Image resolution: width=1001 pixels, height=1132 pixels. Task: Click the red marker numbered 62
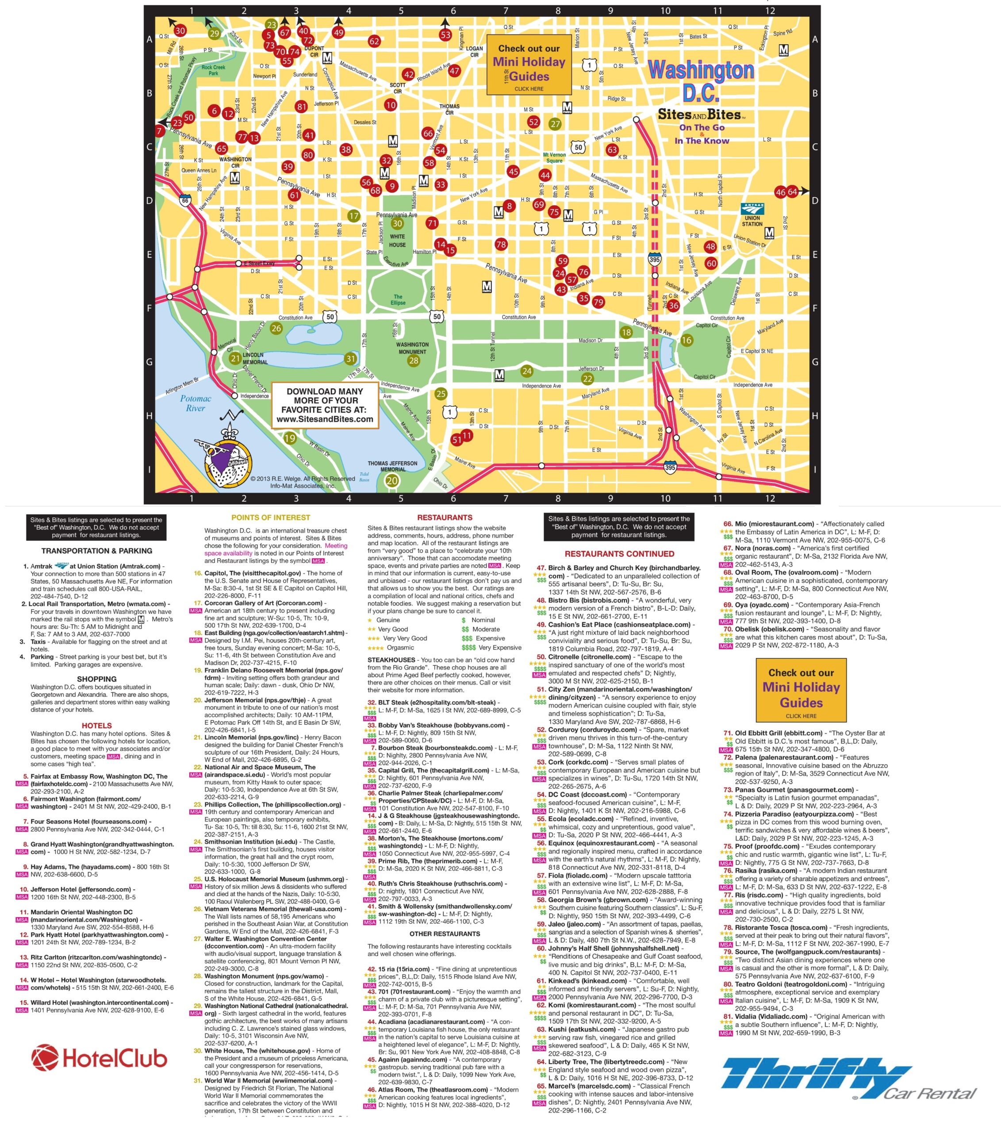375,41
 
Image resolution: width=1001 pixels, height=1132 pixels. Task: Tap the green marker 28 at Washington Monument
413,360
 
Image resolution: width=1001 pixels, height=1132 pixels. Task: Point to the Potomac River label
196,403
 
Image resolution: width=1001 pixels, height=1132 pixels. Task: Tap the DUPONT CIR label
314,51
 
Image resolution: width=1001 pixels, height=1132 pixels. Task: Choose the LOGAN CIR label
474,51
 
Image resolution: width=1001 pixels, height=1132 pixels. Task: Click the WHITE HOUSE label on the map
397,241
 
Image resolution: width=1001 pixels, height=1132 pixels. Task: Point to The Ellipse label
398,300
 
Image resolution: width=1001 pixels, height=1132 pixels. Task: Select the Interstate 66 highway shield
185,200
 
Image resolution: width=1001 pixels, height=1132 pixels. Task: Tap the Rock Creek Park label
213,70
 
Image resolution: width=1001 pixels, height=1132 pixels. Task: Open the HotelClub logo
99,1059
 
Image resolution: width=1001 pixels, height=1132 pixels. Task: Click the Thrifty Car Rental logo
848,1079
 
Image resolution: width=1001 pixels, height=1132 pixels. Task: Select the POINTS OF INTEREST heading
270,517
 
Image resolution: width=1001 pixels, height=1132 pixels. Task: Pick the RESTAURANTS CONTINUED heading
619,553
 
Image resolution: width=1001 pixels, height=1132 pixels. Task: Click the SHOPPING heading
96,678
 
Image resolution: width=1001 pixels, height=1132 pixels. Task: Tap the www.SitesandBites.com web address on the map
325,419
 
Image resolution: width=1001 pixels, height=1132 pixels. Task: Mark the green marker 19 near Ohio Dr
290,439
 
